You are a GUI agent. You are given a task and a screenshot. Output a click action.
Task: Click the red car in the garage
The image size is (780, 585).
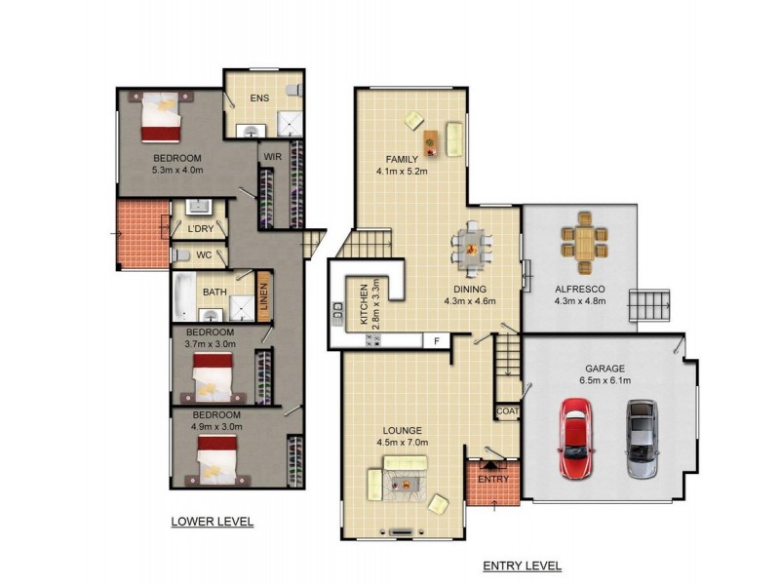coord(576,438)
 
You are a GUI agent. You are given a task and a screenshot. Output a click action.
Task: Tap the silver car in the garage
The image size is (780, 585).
coord(643,439)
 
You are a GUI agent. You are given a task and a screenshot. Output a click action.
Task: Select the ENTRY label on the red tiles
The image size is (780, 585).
coord(493,479)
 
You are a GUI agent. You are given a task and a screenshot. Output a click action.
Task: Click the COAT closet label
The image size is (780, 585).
coord(508,411)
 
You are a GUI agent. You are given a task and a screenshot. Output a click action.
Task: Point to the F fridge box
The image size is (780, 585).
coord(437,341)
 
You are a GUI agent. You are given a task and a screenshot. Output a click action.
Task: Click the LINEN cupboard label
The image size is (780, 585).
coord(263,296)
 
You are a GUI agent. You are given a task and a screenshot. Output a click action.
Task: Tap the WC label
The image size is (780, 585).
coord(204,255)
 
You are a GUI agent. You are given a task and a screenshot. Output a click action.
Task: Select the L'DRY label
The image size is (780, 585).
coord(201,229)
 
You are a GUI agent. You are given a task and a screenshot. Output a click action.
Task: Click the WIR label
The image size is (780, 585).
coord(273,157)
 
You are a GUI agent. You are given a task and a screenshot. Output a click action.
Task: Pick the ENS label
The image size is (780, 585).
coord(259,98)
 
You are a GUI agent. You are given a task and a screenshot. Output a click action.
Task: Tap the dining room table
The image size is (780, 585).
coord(471,249)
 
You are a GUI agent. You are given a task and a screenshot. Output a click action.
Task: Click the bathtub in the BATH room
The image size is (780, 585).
coord(184,296)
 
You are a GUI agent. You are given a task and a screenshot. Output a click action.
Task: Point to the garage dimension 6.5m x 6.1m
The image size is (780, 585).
coord(604,381)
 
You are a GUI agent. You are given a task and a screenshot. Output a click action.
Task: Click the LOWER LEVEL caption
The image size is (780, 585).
coord(213,522)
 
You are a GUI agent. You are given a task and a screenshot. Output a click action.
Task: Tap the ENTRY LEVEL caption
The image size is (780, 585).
coord(523,565)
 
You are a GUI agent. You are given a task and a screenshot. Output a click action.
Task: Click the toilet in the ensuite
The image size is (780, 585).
coord(295,90)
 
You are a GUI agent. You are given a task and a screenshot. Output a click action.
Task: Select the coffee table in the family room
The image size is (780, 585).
coord(431,142)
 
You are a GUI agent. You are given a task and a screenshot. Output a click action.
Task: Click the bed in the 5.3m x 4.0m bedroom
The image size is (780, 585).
coord(160,117)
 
